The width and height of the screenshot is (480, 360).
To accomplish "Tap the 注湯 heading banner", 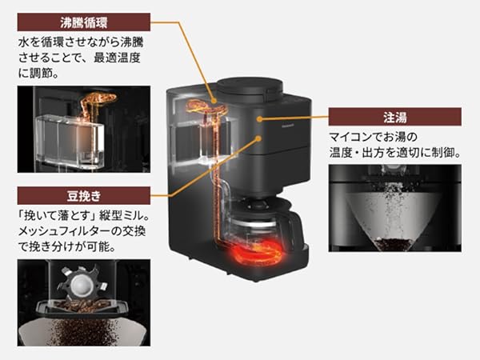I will (x=394, y=117).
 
